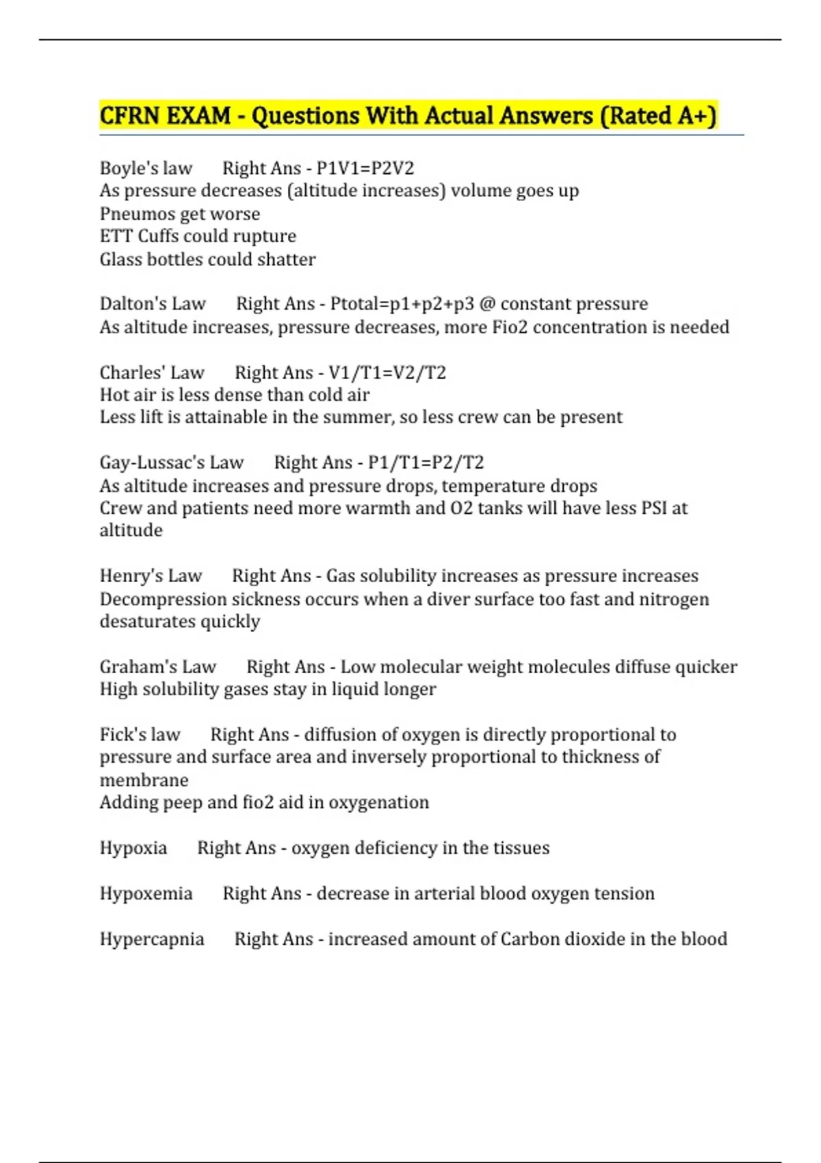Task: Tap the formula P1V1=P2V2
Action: (x=365, y=168)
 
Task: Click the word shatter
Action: (x=286, y=260)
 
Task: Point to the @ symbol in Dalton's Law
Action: (x=487, y=304)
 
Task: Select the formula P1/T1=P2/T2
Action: (x=426, y=463)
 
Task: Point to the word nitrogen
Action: (x=674, y=599)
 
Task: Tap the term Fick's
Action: (x=120, y=735)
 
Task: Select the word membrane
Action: (x=144, y=781)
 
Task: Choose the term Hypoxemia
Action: (x=146, y=893)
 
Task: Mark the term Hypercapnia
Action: (x=152, y=939)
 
